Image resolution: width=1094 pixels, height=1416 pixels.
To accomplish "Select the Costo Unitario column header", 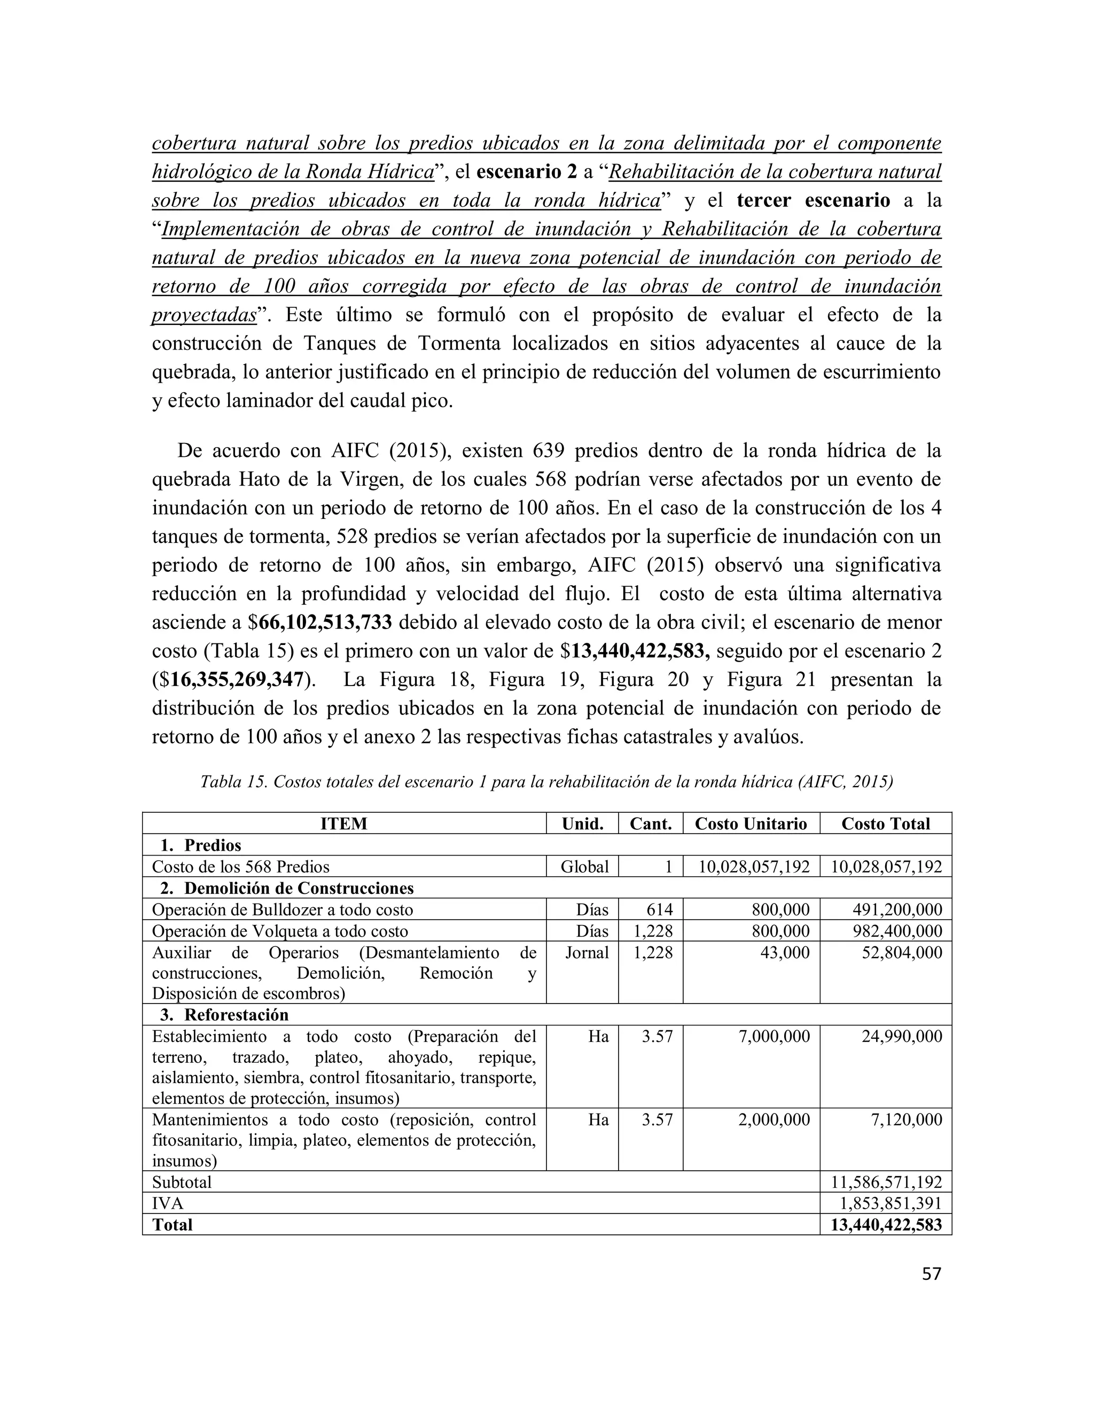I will tap(751, 823).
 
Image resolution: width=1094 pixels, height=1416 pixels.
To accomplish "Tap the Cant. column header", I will tap(651, 823).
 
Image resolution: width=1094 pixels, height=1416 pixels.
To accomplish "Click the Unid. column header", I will tap(582, 823).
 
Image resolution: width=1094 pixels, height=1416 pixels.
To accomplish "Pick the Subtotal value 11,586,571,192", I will tap(886, 1181).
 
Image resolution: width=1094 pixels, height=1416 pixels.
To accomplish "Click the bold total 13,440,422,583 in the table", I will tap(886, 1225).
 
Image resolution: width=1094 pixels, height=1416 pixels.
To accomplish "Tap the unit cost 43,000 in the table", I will tap(785, 952).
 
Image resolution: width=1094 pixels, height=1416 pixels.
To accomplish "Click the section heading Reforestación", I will tap(236, 1015).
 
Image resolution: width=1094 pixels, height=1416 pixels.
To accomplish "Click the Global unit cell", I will tap(584, 867).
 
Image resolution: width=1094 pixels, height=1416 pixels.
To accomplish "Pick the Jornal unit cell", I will tap(587, 952).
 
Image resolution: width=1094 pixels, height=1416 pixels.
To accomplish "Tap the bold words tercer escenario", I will tap(814, 200).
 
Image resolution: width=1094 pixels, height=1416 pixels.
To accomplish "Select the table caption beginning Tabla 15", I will tap(546, 782).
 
